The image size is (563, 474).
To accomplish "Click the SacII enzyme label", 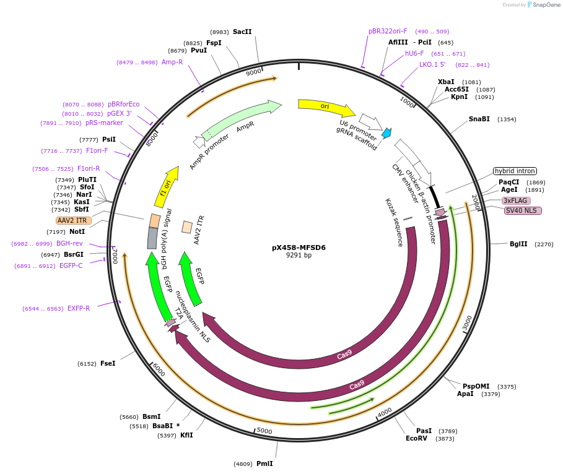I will [x=242, y=32].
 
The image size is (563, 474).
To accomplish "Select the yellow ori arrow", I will [x=326, y=108].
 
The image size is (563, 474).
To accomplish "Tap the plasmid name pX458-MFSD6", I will [x=299, y=248].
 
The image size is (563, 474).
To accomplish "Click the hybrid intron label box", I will [x=514, y=171].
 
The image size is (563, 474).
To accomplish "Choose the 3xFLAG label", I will [x=516, y=200].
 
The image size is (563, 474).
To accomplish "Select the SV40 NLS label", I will [x=523, y=210].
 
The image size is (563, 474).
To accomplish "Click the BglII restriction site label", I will [x=518, y=244].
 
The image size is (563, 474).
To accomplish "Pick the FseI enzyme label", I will [x=108, y=363].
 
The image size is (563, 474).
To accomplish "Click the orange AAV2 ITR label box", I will [x=73, y=220].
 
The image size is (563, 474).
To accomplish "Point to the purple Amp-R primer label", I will [x=172, y=62].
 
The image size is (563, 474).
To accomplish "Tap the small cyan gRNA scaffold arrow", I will [x=386, y=132].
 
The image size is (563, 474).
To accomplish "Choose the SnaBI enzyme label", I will [x=479, y=119].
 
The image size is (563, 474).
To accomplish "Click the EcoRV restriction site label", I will [x=416, y=438].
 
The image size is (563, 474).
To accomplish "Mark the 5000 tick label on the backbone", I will [x=264, y=431].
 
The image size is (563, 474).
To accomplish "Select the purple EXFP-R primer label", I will [x=79, y=308].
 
